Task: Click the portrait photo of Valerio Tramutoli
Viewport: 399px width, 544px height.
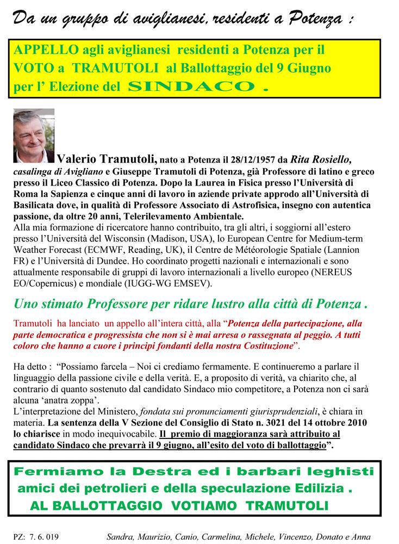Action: [34, 135]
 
